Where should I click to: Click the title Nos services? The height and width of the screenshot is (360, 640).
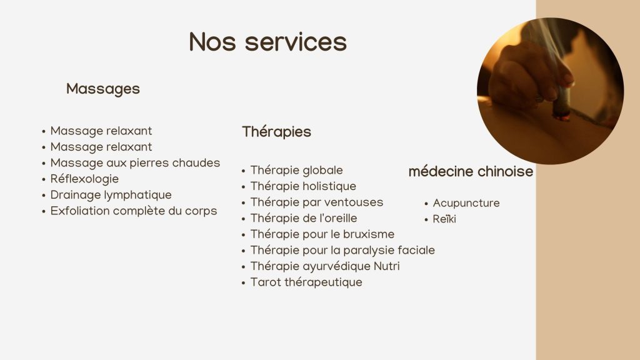tap(267, 42)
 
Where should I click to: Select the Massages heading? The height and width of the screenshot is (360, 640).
tap(103, 89)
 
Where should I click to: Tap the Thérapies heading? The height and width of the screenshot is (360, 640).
tap(276, 132)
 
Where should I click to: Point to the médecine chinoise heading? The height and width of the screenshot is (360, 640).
tap(471, 171)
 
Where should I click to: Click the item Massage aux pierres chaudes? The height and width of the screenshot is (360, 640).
tap(135, 163)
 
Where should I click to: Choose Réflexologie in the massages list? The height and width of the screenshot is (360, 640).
tap(84, 179)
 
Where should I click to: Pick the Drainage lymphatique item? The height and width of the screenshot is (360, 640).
tap(111, 195)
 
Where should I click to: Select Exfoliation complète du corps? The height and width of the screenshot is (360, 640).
tap(134, 211)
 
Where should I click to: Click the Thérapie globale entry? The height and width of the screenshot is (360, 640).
tap(296, 170)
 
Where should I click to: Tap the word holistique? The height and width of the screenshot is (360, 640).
tap(329, 186)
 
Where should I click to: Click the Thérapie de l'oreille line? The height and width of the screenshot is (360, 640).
tap(304, 218)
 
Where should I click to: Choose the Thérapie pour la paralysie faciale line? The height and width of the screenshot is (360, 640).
tap(342, 250)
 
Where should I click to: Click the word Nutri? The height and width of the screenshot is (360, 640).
tap(387, 266)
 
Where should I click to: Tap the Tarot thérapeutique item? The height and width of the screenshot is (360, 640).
tap(306, 282)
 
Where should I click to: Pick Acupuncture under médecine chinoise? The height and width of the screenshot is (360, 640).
tap(466, 203)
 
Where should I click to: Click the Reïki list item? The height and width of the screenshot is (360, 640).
tap(444, 219)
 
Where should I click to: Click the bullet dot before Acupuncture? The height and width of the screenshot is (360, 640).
tap(426, 204)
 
